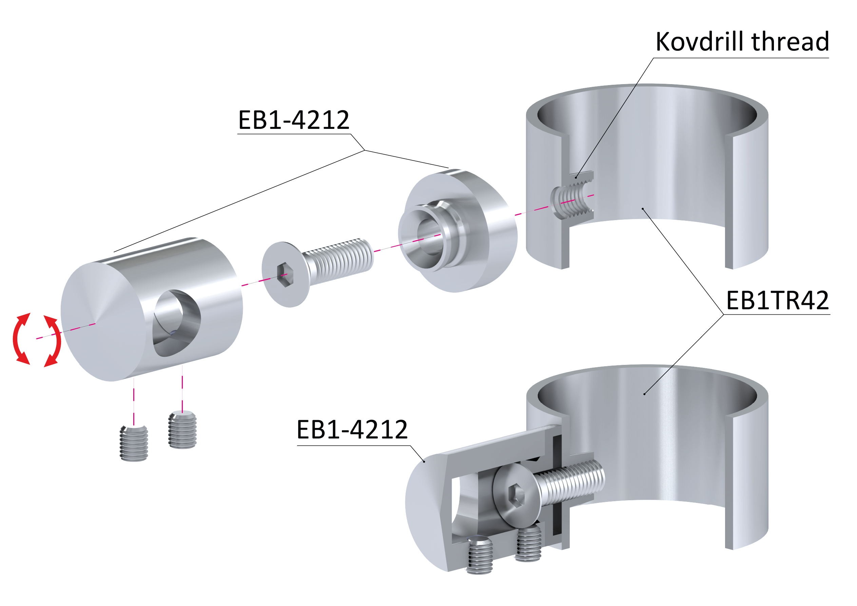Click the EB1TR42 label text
777,300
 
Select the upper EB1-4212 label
293,120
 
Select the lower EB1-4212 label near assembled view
352,430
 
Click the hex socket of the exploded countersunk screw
286,275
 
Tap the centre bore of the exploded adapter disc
429,237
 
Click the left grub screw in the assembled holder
479,554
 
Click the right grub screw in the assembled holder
528,543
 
